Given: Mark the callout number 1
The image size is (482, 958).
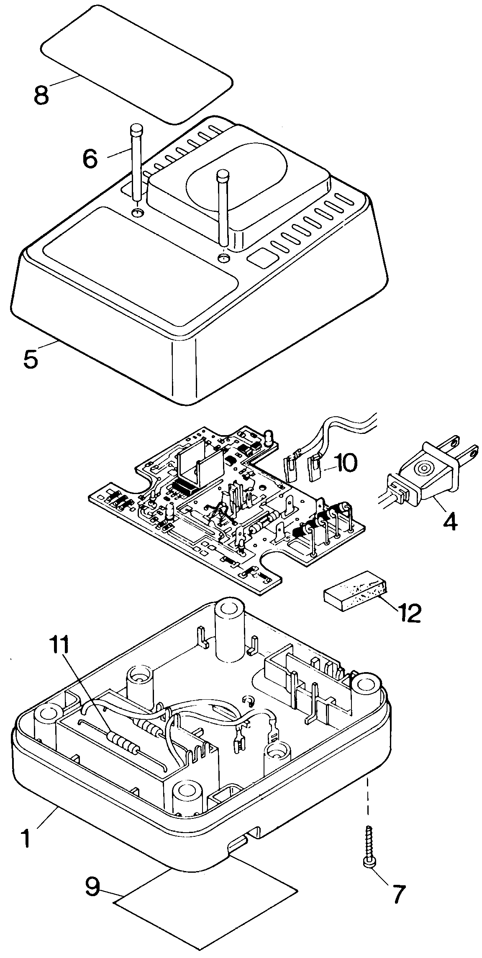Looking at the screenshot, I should point(26,839).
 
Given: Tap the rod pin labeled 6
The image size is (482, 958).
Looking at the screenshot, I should point(136,167).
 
